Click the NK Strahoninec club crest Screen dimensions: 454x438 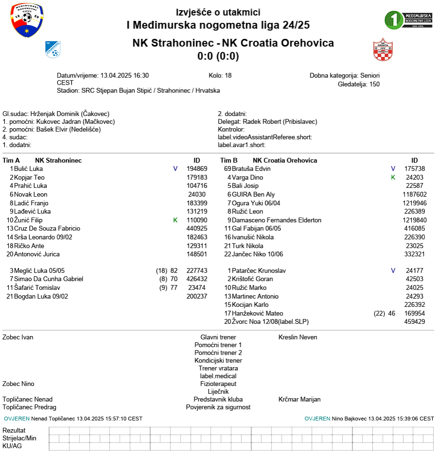point(52,49)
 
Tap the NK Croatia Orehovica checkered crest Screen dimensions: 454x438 point(383,50)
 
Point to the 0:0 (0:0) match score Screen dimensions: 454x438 point(218,56)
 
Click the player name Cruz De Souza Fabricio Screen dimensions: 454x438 point(47,228)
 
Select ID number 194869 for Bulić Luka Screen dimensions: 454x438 point(197,168)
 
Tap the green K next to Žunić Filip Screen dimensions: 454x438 point(175,220)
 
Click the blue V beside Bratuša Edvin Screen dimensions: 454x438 point(393,168)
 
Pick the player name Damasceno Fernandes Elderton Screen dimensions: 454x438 point(276,220)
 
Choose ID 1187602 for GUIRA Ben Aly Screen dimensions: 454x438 point(414,194)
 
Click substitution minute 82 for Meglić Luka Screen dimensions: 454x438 point(174,270)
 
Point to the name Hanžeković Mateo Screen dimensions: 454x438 point(257,313)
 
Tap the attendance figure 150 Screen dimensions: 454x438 point(374,84)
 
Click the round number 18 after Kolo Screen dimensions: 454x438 point(228,75)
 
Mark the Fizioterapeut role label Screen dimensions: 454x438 point(218,384)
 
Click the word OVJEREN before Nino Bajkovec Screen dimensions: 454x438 point(317,418)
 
